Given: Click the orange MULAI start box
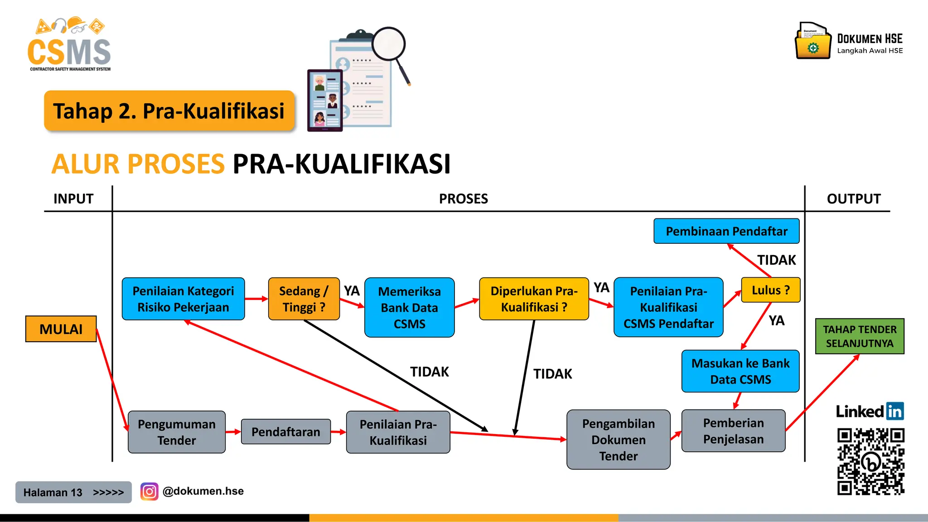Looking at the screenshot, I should (61, 329).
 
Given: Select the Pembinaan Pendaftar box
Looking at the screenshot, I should (726, 231).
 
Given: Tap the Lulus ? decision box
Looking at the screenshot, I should (770, 290).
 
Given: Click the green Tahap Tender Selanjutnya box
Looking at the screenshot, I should (860, 336).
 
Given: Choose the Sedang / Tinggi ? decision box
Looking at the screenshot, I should (304, 299).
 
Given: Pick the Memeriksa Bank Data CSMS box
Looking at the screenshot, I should (409, 307).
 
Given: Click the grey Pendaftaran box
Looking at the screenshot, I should (285, 432).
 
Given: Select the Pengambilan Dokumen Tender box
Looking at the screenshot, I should (618, 440).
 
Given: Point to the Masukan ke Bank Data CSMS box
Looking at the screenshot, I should (740, 371).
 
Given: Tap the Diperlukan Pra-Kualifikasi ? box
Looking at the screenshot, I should (534, 299).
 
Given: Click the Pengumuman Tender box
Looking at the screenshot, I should (176, 432).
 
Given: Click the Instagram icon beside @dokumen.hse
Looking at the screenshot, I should (149, 491).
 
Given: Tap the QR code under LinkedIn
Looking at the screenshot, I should (870, 461).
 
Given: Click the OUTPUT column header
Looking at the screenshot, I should (854, 198).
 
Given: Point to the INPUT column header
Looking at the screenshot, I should (73, 198).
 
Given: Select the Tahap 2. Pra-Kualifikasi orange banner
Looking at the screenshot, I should (169, 111).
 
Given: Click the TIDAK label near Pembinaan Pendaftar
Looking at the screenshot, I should (776, 260).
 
